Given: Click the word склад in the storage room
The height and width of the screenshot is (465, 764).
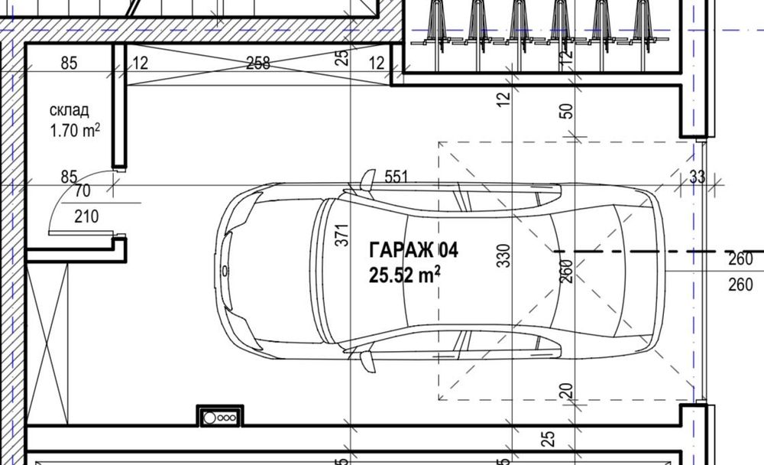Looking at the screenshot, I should (69, 111).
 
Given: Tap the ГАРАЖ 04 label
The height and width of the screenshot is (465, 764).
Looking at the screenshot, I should (413, 250).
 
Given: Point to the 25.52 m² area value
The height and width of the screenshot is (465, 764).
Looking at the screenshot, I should (404, 275).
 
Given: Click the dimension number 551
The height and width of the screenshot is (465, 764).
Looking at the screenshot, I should (396, 177).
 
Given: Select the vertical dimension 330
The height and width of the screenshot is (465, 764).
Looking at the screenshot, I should (502, 255).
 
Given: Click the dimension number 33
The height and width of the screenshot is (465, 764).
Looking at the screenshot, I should (697, 177).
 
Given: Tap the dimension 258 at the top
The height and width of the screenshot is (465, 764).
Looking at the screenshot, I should (258, 64).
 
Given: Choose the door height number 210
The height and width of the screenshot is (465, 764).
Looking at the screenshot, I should (86, 217).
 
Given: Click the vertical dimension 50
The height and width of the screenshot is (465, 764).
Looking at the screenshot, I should (566, 110).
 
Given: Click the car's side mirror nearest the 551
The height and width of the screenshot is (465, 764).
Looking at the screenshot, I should (367, 180).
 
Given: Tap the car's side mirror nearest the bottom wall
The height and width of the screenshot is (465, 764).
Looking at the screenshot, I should (368, 361).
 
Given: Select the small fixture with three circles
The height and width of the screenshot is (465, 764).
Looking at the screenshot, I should (220, 418).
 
